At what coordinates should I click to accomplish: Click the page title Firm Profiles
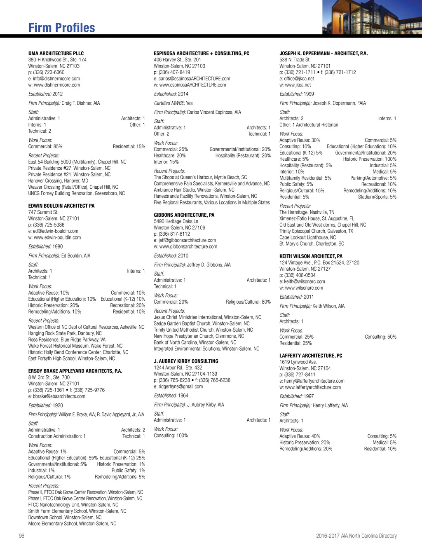coord(62,28)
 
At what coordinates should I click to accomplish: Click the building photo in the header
coord(372,17)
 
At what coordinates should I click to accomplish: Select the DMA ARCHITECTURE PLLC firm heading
coord(56,53)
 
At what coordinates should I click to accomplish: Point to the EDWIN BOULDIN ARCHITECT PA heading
coord(61,206)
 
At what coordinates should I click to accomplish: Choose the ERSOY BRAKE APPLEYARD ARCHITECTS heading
coord(75,371)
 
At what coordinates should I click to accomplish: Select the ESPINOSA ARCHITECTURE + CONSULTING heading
coord(202,53)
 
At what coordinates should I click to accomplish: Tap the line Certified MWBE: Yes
coord(173,103)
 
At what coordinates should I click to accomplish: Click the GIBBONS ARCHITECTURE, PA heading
coord(184,215)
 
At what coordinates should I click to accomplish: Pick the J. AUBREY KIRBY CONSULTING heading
coord(186,361)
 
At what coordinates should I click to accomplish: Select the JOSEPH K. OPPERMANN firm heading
coord(324,53)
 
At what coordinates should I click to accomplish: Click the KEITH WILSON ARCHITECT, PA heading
coord(311,256)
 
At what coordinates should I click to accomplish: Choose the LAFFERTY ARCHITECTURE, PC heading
coord(311,356)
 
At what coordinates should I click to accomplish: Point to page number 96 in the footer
coord(22,536)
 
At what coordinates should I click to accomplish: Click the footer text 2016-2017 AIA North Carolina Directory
coord(356,536)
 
